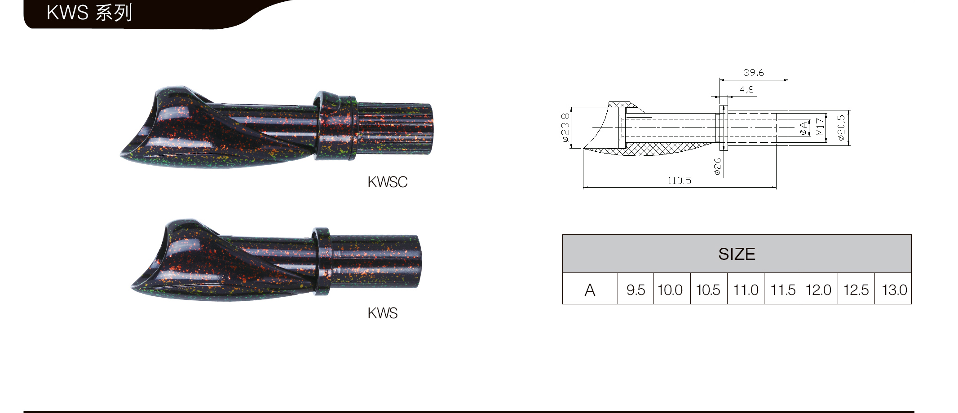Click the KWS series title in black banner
(x=89, y=13)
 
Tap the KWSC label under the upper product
(x=387, y=182)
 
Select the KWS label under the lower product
(x=382, y=313)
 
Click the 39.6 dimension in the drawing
(x=753, y=73)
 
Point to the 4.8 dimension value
(x=746, y=90)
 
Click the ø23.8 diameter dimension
(x=565, y=127)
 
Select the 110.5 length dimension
(x=679, y=181)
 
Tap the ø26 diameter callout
(x=717, y=166)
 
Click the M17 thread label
(x=820, y=127)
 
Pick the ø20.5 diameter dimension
(x=841, y=127)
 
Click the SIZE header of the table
(x=737, y=254)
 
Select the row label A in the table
(x=590, y=290)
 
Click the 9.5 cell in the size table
(x=636, y=290)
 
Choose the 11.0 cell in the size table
(x=746, y=290)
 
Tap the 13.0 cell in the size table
(x=894, y=290)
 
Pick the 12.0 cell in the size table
(x=818, y=290)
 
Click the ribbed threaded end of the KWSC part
(x=395, y=128)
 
